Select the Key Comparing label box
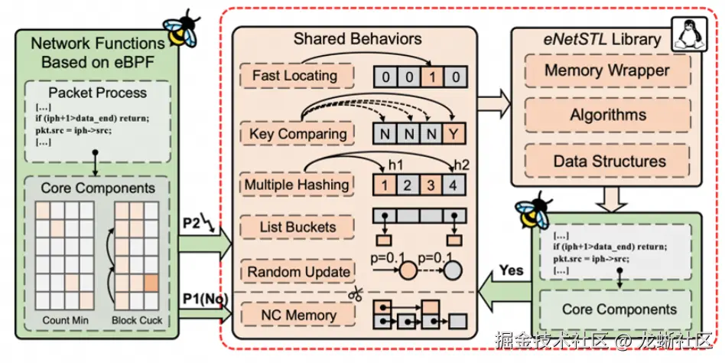(x=297, y=134)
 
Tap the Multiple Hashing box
(x=297, y=185)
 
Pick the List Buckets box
(x=297, y=227)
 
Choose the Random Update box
(x=297, y=271)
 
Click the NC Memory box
(x=297, y=316)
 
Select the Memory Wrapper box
(x=607, y=70)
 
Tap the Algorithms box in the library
(x=607, y=115)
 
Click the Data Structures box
(x=607, y=161)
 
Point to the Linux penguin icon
(x=688, y=34)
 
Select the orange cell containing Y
(x=454, y=134)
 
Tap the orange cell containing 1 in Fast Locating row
(x=432, y=77)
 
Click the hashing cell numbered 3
(x=431, y=185)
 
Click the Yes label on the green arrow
(x=511, y=270)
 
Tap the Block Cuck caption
(x=137, y=320)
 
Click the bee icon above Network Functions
(x=181, y=28)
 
